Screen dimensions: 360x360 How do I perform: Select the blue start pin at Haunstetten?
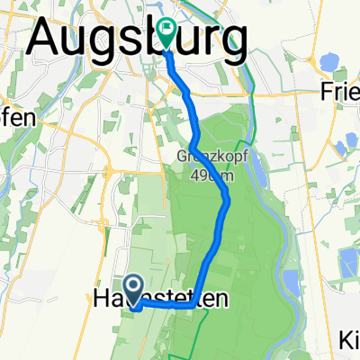coord(132,289)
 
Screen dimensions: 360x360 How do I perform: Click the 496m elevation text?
coord(213,175)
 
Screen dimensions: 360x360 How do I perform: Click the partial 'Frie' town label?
coord(339,92)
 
